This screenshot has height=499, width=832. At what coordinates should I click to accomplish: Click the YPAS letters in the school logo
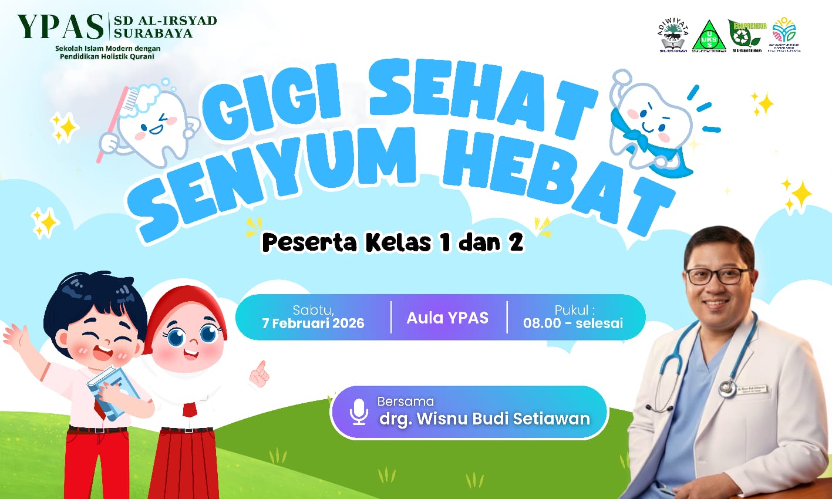[x=60, y=26]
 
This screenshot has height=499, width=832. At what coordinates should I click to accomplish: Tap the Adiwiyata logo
[x=673, y=36]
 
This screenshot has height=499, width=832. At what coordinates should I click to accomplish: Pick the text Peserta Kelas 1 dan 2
[x=392, y=242]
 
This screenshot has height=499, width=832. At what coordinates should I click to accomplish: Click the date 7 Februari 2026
[x=313, y=323]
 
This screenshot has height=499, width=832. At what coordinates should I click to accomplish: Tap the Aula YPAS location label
[x=447, y=318]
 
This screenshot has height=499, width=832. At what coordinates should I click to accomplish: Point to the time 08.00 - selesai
[x=572, y=323]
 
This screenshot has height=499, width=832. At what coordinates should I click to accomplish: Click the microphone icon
[x=358, y=412]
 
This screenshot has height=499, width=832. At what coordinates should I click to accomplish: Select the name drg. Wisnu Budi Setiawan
[x=484, y=419]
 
